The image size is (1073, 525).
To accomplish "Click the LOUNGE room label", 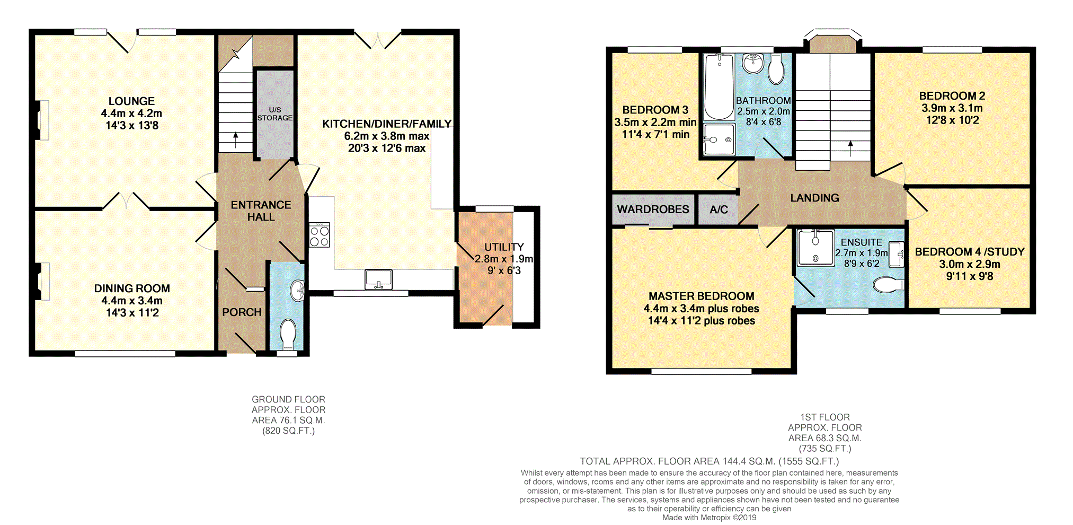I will point(131,101).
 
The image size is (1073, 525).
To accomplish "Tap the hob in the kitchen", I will point(320,235).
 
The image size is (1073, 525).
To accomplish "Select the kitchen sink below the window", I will point(378,279).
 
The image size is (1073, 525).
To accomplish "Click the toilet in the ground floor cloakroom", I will point(288,332).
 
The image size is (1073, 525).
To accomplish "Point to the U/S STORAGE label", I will point(274,114).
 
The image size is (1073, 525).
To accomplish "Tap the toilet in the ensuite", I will point(888,285).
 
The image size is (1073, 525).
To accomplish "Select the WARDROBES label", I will point(653,209).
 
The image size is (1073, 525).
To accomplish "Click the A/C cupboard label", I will point(719,210).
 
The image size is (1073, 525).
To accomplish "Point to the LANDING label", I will point(814,198).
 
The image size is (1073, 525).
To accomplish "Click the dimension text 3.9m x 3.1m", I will point(952,108).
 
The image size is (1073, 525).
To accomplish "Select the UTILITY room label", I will point(504,247).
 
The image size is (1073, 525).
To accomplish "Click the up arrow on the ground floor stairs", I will point(236,139).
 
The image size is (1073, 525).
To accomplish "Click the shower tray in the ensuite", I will point(815,248).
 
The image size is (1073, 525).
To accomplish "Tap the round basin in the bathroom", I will point(753,63).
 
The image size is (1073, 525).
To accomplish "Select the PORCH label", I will point(242,312).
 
